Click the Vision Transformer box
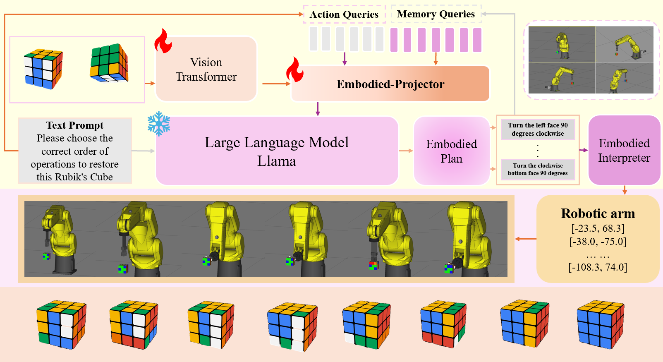pyautogui.click(x=206, y=69)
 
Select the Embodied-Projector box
pyautogui.click(x=390, y=84)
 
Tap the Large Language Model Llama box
pyautogui.click(x=276, y=151)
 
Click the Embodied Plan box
pyautogui.click(x=451, y=151)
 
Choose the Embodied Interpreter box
pyautogui.click(x=624, y=150)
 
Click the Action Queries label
pyautogui.click(x=344, y=14)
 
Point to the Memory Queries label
pyautogui.click(x=436, y=14)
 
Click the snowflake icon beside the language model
pyautogui.click(x=159, y=123)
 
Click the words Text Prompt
pyautogui.click(x=75, y=125)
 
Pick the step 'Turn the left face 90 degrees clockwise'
pyautogui.click(x=538, y=129)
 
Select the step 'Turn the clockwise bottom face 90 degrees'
pyautogui.click(x=538, y=169)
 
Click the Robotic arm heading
pyautogui.click(x=598, y=213)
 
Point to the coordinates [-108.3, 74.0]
pyautogui.click(x=598, y=267)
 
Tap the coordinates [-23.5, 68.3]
pyautogui.click(x=598, y=228)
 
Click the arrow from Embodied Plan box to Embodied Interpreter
pyautogui.click(x=583, y=150)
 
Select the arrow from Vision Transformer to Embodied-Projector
pyautogui.click(x=276, y=84)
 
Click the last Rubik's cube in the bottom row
pyautogui.click(x=600, y=325)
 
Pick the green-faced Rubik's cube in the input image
pyautogui.click(x=109, y=63)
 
